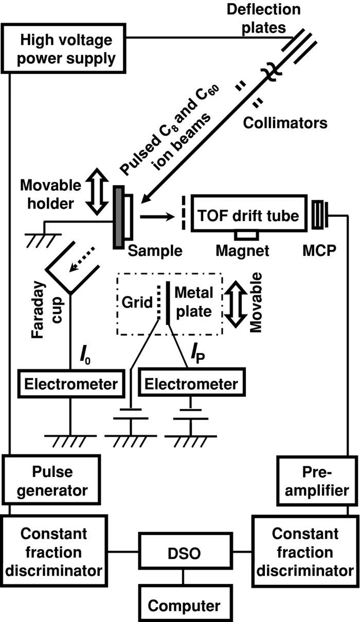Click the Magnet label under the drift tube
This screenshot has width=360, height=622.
point(243,251)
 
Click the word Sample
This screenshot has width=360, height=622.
point(155,251)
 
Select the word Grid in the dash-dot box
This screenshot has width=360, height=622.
point(137,302)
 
